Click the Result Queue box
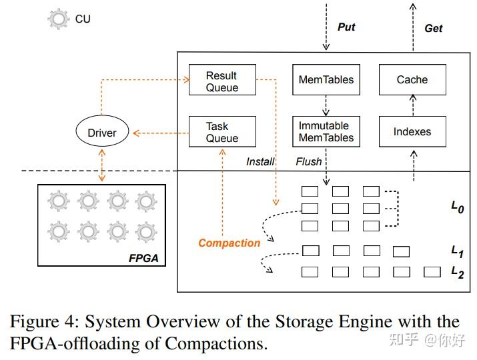[x=222, y=81]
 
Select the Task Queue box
[x=222, y=132]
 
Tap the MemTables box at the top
[x=326, y=80]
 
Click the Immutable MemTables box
[x=326, y=132]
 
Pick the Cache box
[x=412, y=80]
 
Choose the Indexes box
[x=412, y=132]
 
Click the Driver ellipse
[x=102, y=133]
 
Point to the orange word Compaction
[x=229, y=243]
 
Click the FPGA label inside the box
[x=143, y=258]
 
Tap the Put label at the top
[x=346, y=27]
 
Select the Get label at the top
[x=433, y=28]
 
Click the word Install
[x=260, y=161]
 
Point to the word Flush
[x=309, y=161]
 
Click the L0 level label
[x=457, y=207]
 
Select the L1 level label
[x=457, y=251]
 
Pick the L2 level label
[x=457, y=271]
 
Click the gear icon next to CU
[x=59, y=19]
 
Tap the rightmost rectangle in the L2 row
[x=432, y=271]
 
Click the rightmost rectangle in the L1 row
[x=401, y=251]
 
